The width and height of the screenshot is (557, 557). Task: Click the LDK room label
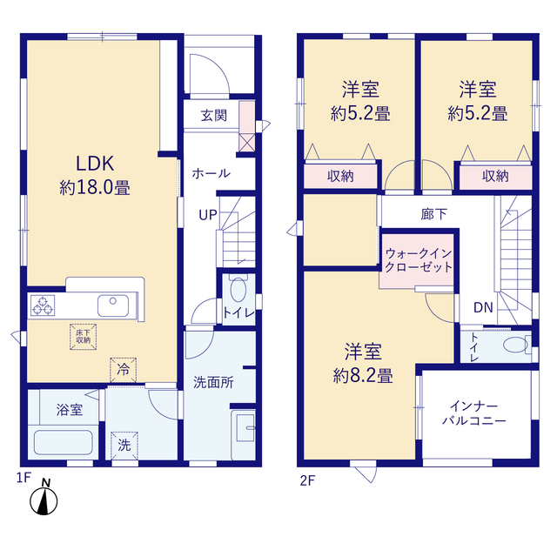95,164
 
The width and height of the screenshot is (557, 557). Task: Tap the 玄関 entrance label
213,116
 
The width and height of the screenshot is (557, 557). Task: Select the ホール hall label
211,173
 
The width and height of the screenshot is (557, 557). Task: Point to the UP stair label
208,215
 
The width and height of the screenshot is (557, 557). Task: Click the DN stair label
483,307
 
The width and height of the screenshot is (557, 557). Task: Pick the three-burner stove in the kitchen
43,305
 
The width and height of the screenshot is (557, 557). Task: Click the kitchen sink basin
113,305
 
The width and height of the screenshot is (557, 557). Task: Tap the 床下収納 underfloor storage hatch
84,337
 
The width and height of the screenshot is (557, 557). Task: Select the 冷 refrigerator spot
124,370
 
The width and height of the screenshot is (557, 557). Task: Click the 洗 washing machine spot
124,445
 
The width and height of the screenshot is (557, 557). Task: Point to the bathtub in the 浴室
64,442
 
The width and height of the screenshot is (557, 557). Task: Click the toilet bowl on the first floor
238,290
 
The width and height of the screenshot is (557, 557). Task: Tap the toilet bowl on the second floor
515,345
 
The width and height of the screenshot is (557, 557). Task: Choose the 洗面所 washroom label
213,383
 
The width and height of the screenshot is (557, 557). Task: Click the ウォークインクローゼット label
419,260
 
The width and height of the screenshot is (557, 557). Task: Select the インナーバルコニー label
473,413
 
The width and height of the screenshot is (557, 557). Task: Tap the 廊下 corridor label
433,214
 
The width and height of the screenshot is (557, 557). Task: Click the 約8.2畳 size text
363,376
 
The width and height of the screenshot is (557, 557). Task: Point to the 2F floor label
307,480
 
